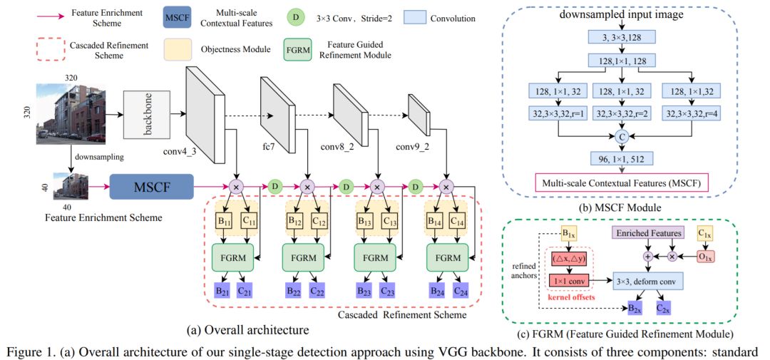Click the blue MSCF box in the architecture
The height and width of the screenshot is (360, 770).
pyautogui.click(x=151, y=187)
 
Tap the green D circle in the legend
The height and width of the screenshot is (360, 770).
pyautogui.click(x=297, y=16)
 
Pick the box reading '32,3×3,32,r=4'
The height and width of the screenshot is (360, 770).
pyautogui.click(x=692, y=111)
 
